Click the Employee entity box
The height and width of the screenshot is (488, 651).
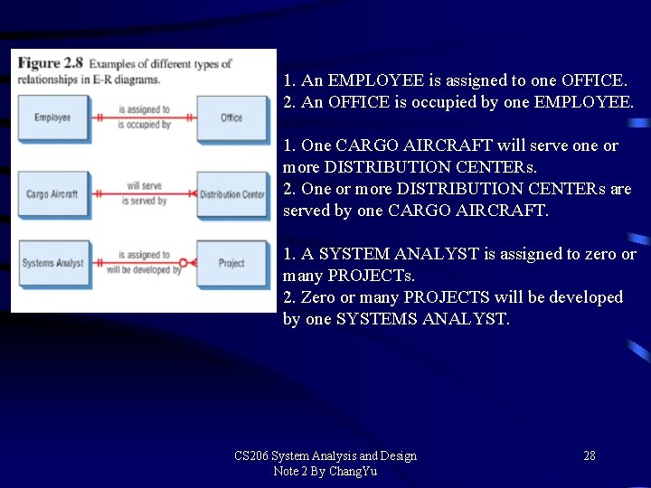52,118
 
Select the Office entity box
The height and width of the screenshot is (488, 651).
231,118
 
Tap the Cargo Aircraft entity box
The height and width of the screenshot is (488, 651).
52,194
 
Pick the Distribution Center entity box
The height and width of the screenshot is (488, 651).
231,194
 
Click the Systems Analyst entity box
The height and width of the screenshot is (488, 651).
52,264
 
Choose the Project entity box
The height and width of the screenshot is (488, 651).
231,264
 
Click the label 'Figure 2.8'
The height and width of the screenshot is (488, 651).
51,63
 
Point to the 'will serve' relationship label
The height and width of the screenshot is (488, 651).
145,186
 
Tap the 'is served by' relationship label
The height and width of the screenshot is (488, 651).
145,201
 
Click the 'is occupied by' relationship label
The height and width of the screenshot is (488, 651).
145,125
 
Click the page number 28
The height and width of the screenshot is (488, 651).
589,455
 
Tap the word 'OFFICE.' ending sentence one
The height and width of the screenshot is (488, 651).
594,80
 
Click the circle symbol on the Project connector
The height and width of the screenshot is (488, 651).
183,264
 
